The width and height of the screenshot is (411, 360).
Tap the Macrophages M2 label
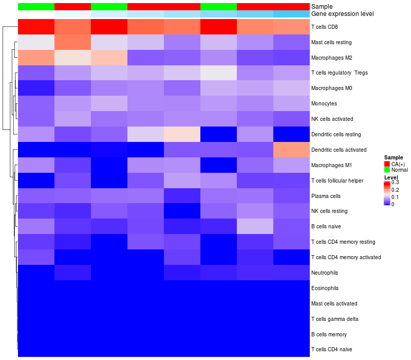331,57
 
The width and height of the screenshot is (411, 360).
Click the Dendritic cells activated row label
339,150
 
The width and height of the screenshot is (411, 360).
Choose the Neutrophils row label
325,272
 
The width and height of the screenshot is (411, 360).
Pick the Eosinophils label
325,288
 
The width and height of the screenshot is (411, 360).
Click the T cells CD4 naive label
332,349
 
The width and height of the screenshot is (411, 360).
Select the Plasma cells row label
326,196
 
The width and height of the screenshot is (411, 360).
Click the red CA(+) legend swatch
387,164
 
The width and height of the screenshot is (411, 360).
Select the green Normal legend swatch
387,170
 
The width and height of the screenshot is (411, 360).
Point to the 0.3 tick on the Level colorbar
395,182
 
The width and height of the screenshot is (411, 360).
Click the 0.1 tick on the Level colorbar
395,197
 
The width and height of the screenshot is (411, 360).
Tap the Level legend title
391,177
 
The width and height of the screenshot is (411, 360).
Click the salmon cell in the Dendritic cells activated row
291,150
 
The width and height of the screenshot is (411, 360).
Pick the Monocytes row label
324,103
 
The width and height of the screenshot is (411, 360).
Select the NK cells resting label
329,211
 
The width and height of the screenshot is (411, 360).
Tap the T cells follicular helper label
337,181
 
